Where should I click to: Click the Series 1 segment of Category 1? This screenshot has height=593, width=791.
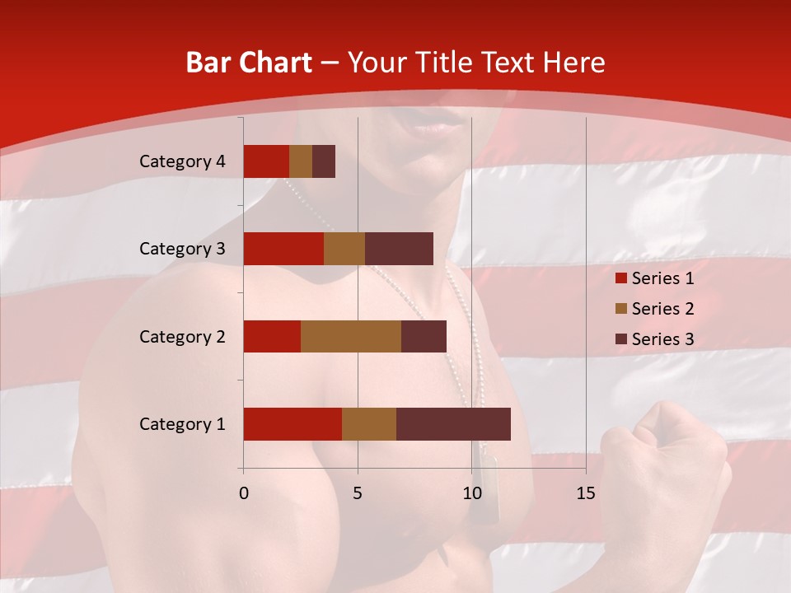293,424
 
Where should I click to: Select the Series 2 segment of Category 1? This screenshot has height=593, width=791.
369,424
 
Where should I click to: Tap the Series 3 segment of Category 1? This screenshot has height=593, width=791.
453,424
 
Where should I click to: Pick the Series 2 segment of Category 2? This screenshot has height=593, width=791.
351,336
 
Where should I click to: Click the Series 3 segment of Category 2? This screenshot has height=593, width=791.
424,336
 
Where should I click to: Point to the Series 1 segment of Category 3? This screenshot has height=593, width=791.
283,249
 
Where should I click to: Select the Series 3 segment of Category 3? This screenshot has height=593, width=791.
399,249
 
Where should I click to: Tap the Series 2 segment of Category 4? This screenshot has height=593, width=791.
301,161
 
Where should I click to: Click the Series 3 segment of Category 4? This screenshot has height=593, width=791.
324,161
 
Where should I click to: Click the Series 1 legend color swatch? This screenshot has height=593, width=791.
621,278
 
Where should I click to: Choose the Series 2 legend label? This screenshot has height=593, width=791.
663,309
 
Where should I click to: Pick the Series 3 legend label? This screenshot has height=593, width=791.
663,339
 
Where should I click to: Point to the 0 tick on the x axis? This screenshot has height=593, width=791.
244,493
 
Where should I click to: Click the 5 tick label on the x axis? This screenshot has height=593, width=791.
358,493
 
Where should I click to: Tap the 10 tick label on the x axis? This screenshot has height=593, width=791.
471,493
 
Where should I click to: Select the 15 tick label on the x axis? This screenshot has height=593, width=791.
585,493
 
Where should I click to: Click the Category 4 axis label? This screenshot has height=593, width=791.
182,161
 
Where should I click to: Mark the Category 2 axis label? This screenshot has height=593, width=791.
182,336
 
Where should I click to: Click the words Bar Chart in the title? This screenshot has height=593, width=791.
249,63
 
